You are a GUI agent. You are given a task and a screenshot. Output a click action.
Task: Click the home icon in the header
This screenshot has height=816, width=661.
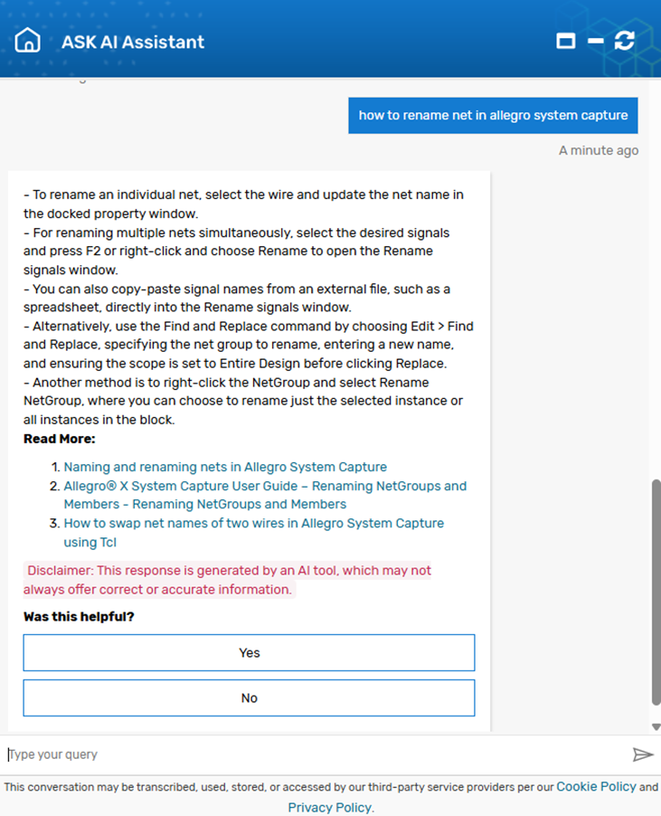(28, 41)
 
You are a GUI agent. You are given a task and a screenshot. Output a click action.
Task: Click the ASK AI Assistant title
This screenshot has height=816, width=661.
(133, 42)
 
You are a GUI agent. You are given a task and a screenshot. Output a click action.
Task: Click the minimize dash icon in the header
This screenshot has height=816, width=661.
(595, 41)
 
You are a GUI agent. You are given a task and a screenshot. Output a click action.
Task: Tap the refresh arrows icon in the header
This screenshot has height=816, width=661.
(624, 41)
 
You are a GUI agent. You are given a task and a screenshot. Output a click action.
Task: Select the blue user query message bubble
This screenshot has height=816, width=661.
(493, 116)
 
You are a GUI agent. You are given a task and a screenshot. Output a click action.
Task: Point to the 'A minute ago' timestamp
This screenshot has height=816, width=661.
(598, 150)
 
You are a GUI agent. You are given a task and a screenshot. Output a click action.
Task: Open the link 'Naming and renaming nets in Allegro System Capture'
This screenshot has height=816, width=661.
(225, 467)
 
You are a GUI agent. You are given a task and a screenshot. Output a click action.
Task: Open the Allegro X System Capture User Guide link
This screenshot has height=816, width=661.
(265, 495)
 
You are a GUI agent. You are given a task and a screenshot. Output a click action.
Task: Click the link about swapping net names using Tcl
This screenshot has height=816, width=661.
(253, 532)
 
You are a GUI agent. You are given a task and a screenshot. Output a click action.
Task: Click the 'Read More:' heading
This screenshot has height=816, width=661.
(60, 439)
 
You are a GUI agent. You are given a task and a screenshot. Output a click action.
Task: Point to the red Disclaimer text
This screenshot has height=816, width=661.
(227, 580)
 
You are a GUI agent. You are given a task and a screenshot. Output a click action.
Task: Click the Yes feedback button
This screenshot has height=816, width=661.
(249, 652)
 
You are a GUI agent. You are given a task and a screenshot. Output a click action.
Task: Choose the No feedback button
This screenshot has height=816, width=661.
(249, 697)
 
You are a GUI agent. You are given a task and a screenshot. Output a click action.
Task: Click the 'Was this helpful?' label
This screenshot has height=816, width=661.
(79, 617)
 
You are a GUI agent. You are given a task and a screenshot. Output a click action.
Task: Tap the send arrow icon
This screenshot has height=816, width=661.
(642, 754)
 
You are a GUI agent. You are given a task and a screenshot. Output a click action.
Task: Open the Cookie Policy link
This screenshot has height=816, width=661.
(596, 786)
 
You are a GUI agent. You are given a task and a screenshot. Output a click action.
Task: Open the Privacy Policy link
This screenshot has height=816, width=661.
(329, 807)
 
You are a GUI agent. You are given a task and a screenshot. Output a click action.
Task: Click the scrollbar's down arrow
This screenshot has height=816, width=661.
(656, 726)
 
